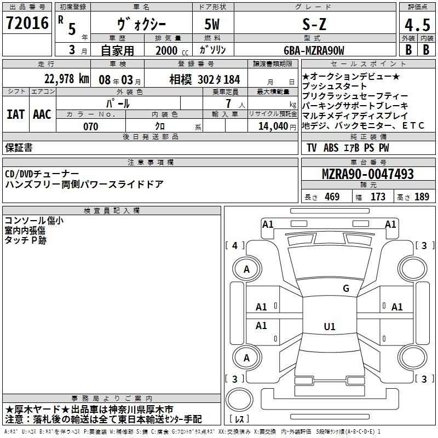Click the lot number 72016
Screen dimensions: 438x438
(x=27, y=23)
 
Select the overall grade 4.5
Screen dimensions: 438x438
(x=417, y=25)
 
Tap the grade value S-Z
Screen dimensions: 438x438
(x=314, y=24)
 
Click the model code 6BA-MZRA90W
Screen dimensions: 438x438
(x=314, y=50)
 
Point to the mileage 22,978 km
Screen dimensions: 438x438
(x=66, y=79)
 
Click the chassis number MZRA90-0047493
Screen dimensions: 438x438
(x=368, y=174)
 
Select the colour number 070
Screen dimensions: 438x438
(x=91, y=126)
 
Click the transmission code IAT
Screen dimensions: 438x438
(x=16, y=114)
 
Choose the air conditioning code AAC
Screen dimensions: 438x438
(x=42, y=114)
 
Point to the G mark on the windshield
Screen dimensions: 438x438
(x=346, y=288)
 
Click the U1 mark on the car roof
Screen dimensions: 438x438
(x=330, y=326)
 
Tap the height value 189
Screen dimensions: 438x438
(x=422, y=197)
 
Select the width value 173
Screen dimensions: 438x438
(x=378, y=197)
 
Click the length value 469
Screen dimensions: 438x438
(x=332, y=197)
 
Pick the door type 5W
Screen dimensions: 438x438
(x=212, y=24)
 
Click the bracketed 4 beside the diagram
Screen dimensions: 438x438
(x=235, y=245)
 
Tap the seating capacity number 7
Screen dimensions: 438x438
(x=228, y=103)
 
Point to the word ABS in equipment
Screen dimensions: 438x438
(x=331, y=148)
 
